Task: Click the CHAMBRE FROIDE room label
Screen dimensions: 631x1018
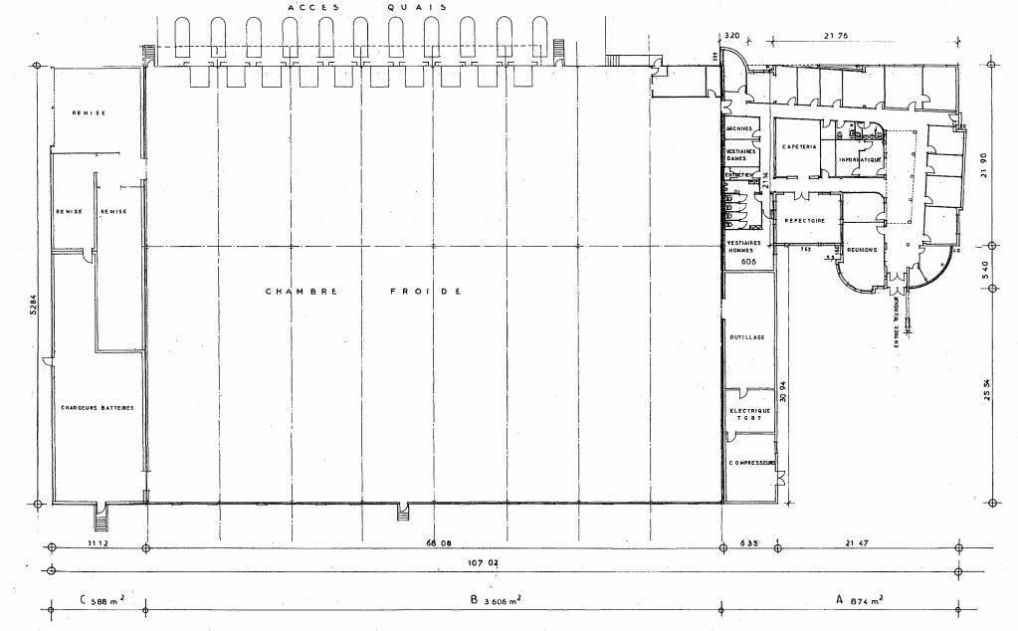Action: [x=363, y=292]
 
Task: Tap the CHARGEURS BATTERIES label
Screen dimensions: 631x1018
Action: [x=97, y=408]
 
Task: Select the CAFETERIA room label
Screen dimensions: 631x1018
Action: [x=799, y=146]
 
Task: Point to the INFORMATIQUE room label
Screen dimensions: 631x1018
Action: [x=860, y=159]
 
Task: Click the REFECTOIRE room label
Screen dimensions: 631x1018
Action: [x=804, y=221]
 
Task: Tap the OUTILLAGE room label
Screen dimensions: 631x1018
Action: [x=746, y=338]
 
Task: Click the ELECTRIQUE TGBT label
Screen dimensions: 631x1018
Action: [x=746, y=415]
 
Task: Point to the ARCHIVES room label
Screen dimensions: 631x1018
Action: [x=739, y=129]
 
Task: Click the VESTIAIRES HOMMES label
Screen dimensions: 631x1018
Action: [x=739, y=246]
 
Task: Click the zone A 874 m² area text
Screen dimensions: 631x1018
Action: [x=860, y=600]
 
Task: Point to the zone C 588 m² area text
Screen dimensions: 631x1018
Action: [x=100, y=600]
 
